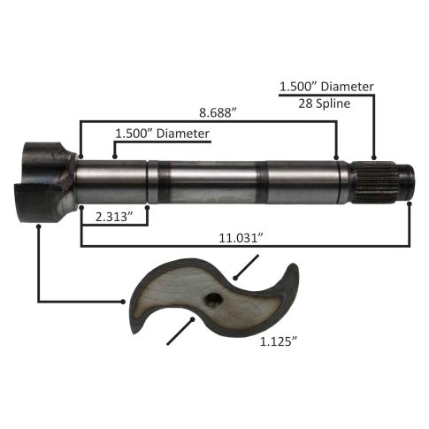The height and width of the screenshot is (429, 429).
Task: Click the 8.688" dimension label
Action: [x=218, y=113]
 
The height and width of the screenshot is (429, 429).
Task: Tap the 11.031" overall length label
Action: [x=241, y=238]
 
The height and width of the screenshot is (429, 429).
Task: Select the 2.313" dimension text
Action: [x=113, y=218]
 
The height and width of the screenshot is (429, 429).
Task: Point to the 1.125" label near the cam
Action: [x=278, y=341]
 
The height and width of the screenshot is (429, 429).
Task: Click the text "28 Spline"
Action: [x=325, y=103]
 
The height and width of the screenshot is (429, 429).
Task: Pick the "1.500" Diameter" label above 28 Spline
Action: [x=326, y=87]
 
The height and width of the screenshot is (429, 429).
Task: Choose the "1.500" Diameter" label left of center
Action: [x=162, y=134]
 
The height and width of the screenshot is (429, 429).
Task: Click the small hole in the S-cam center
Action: [x=213, y=300]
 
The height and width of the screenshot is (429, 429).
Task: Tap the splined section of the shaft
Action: [x=374, y=182]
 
